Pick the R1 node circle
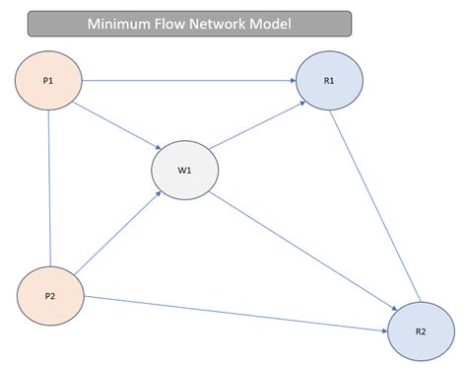pyautogui.click(x=329, y=79)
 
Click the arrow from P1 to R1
pyautogui.click(x=187, y=79)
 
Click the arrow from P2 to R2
pyautogui.click(x=236, y=314)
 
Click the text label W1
pyautogui.click(x=184, y=170)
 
